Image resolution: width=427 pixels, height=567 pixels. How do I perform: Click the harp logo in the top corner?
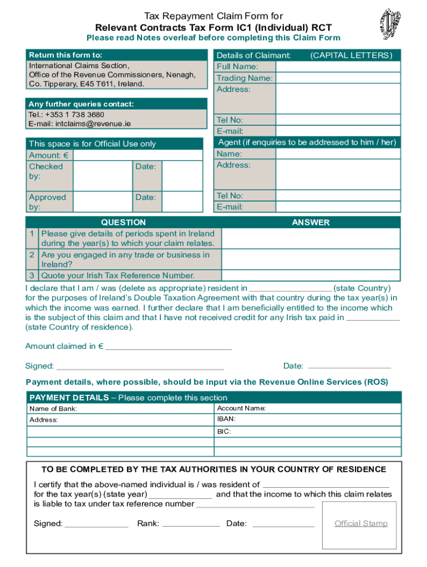pos(389,24)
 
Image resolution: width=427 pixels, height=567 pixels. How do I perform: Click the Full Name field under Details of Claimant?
pos(337,66)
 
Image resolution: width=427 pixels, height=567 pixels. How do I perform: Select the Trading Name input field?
pos(337,78)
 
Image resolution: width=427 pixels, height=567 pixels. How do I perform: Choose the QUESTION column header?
pos(123,223)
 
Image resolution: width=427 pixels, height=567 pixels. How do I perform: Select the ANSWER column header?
pos(311,223)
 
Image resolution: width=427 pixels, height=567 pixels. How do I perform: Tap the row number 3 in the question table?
pos(33,276)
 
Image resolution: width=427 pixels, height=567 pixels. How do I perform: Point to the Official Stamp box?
pos(360,524)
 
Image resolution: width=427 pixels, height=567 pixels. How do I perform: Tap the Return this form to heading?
pos(65,55)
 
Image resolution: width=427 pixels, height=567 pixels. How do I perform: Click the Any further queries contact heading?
pos(82,104)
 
